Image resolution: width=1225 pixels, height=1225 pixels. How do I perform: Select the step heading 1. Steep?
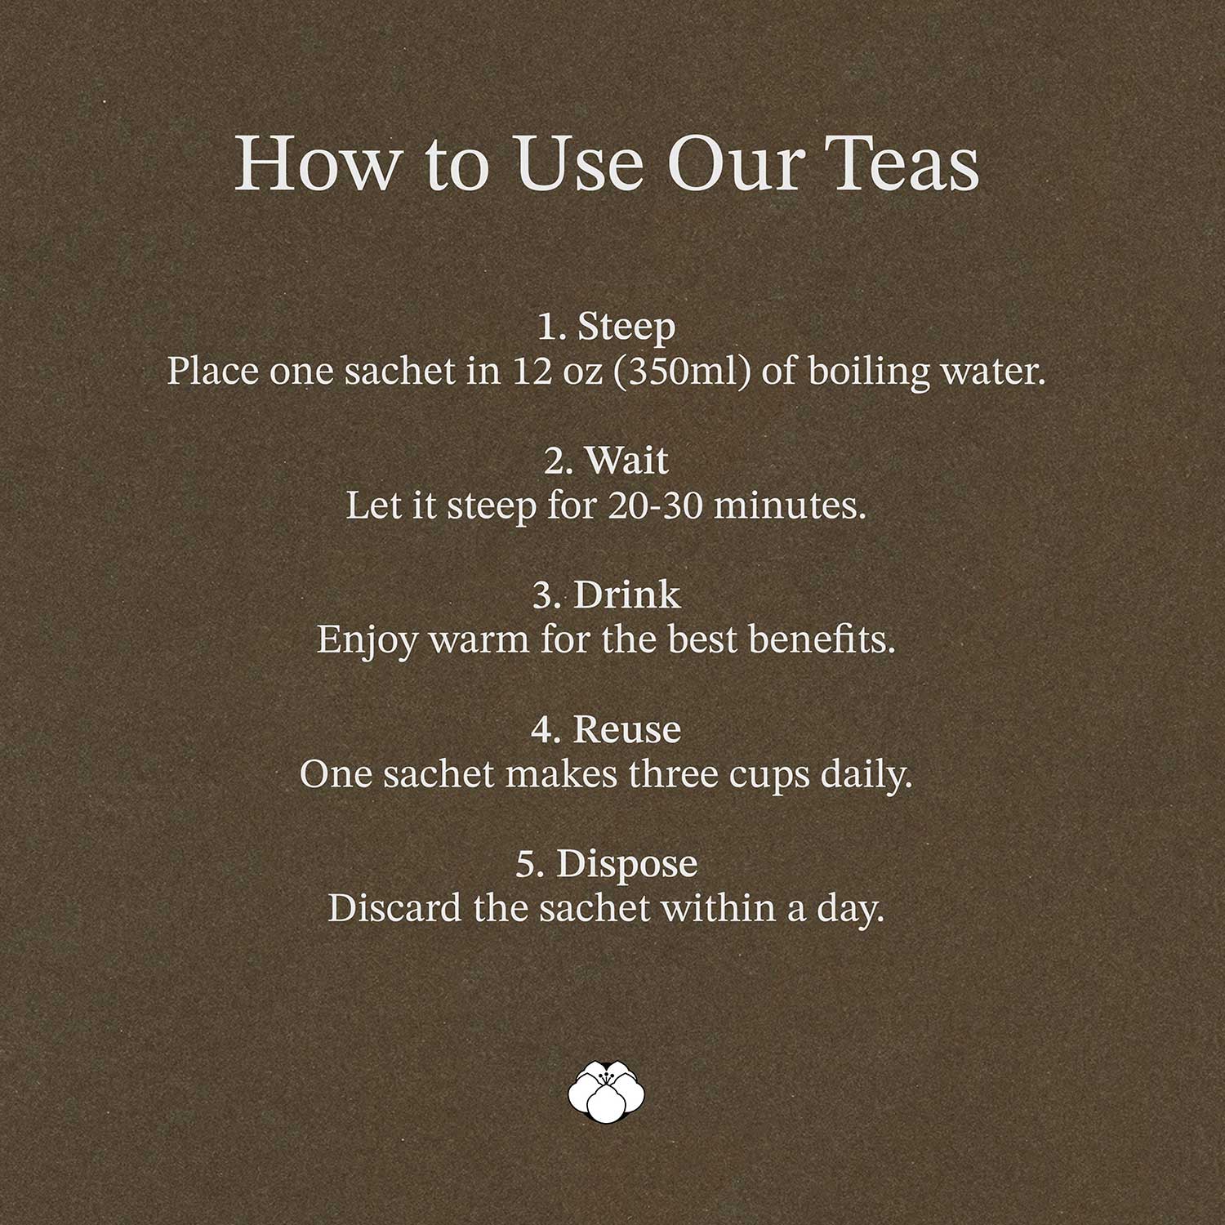606,327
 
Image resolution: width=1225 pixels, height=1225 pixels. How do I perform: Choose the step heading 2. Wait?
606,461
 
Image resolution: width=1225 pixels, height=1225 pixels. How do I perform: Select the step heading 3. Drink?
606,595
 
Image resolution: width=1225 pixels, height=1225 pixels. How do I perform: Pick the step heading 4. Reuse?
606,728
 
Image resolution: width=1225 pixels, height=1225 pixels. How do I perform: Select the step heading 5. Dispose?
606,864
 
